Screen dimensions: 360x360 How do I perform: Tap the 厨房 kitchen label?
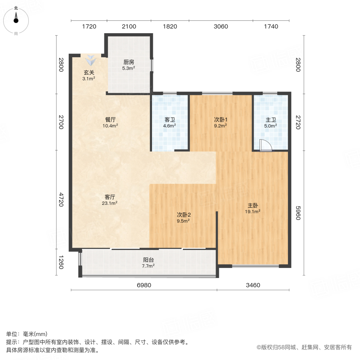tap(128, 62)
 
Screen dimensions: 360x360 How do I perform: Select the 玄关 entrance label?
tap(89, 72)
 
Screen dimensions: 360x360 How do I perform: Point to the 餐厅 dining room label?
tap(111, 120)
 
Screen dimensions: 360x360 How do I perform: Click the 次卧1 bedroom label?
tap(220, 120)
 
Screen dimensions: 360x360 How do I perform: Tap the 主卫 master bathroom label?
tap(271, 120)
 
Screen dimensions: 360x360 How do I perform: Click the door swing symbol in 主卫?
tap(265, 146)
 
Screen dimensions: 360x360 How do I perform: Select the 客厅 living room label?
tap(110, 197)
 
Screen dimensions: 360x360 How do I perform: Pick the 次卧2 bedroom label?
tap(183, 214)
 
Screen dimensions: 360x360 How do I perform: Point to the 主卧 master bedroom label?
tap(253, 206)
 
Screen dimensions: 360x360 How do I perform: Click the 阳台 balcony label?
tap(148, 259)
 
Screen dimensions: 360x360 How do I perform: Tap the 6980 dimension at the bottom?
tap(144, 285)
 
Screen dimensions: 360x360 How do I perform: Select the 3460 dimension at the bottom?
tap(253, 285)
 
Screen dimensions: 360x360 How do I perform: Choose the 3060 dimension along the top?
tap(221, 27)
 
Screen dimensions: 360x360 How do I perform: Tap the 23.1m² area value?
tap(110, 203)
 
